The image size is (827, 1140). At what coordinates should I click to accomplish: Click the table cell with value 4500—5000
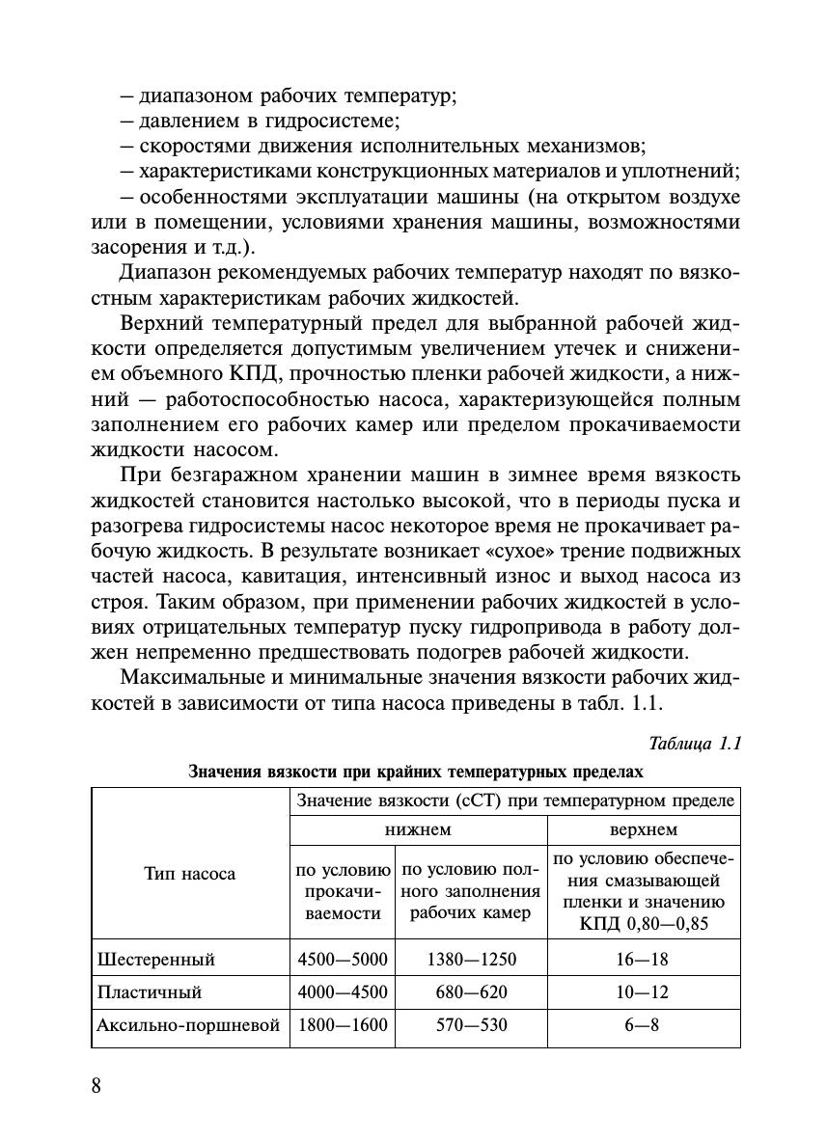click(x=343, y=960)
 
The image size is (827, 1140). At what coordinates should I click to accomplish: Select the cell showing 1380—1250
click(x=471, y=960)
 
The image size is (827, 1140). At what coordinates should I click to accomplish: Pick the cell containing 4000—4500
click(x=343, y=992)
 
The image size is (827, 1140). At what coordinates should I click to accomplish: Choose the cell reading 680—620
click(x=471, y=992)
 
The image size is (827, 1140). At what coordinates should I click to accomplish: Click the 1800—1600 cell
click(x=343, y=1025)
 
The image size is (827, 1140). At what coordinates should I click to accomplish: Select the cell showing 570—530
click(x=471, y=1025)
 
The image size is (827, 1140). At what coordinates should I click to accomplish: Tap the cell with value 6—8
click(x=642, y=1025)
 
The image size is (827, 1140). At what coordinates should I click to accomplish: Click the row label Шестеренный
click(x=156, y=960)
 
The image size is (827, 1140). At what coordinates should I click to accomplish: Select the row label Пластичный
click(x=150, y=992)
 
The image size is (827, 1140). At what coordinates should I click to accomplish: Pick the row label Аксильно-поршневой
click(x=189, y=1025)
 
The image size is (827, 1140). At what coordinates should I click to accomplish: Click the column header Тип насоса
click(x=190, y=874)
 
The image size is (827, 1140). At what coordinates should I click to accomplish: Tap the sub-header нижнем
click(x=419, y=829)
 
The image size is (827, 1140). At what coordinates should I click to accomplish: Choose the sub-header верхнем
click(x=644, y=829)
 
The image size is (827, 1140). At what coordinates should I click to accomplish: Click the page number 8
click(x=96, y=1085)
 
